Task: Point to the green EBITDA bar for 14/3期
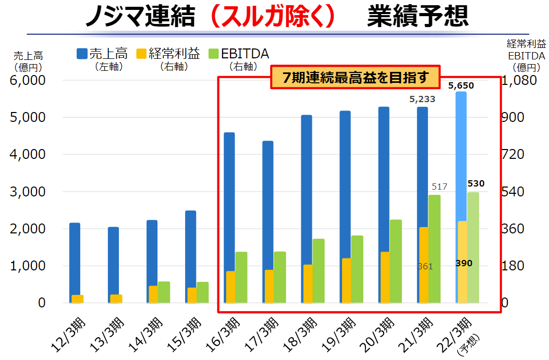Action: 164,292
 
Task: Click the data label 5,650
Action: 461,85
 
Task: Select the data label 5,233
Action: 422,99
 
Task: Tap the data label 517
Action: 440,187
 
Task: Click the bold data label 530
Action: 475,183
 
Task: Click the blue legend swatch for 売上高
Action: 82,53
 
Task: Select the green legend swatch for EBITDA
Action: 213,53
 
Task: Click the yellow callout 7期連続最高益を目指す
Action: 356,78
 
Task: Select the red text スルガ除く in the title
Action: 276,17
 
